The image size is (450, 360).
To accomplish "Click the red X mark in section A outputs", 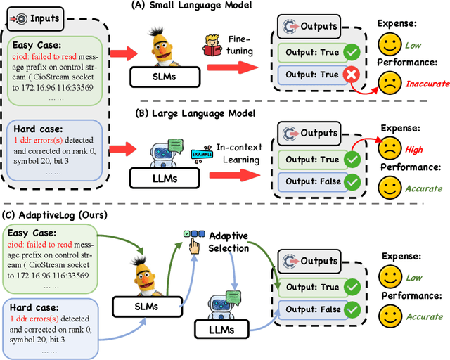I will tap(350, 75).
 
